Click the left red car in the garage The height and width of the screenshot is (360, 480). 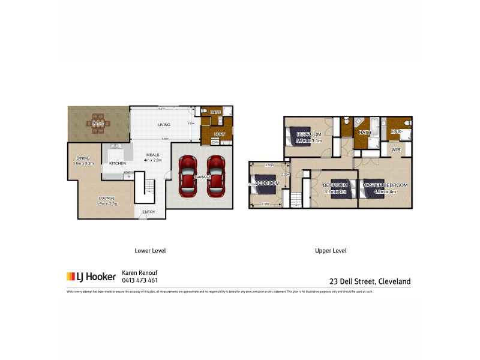pos(187,176)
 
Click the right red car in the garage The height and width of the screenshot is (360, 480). pos(215,176)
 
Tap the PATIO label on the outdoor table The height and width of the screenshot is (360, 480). pos(98,124)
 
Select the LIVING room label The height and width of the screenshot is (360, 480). pos(164,125)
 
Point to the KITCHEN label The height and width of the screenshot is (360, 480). pos(118,163)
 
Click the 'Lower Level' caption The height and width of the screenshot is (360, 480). pos(150,251)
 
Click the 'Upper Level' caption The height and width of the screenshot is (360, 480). pos(331,251)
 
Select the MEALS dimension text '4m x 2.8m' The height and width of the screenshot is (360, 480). pos(153,161)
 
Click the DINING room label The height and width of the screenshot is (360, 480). pos(82,158)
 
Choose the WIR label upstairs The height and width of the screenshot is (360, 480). pos(396,149)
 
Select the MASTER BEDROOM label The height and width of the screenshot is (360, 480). pos(385,185)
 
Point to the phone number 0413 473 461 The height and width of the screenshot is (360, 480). pos(140,280)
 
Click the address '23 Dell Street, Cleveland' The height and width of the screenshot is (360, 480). pos(370,280)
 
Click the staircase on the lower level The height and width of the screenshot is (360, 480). pos(143,187)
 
